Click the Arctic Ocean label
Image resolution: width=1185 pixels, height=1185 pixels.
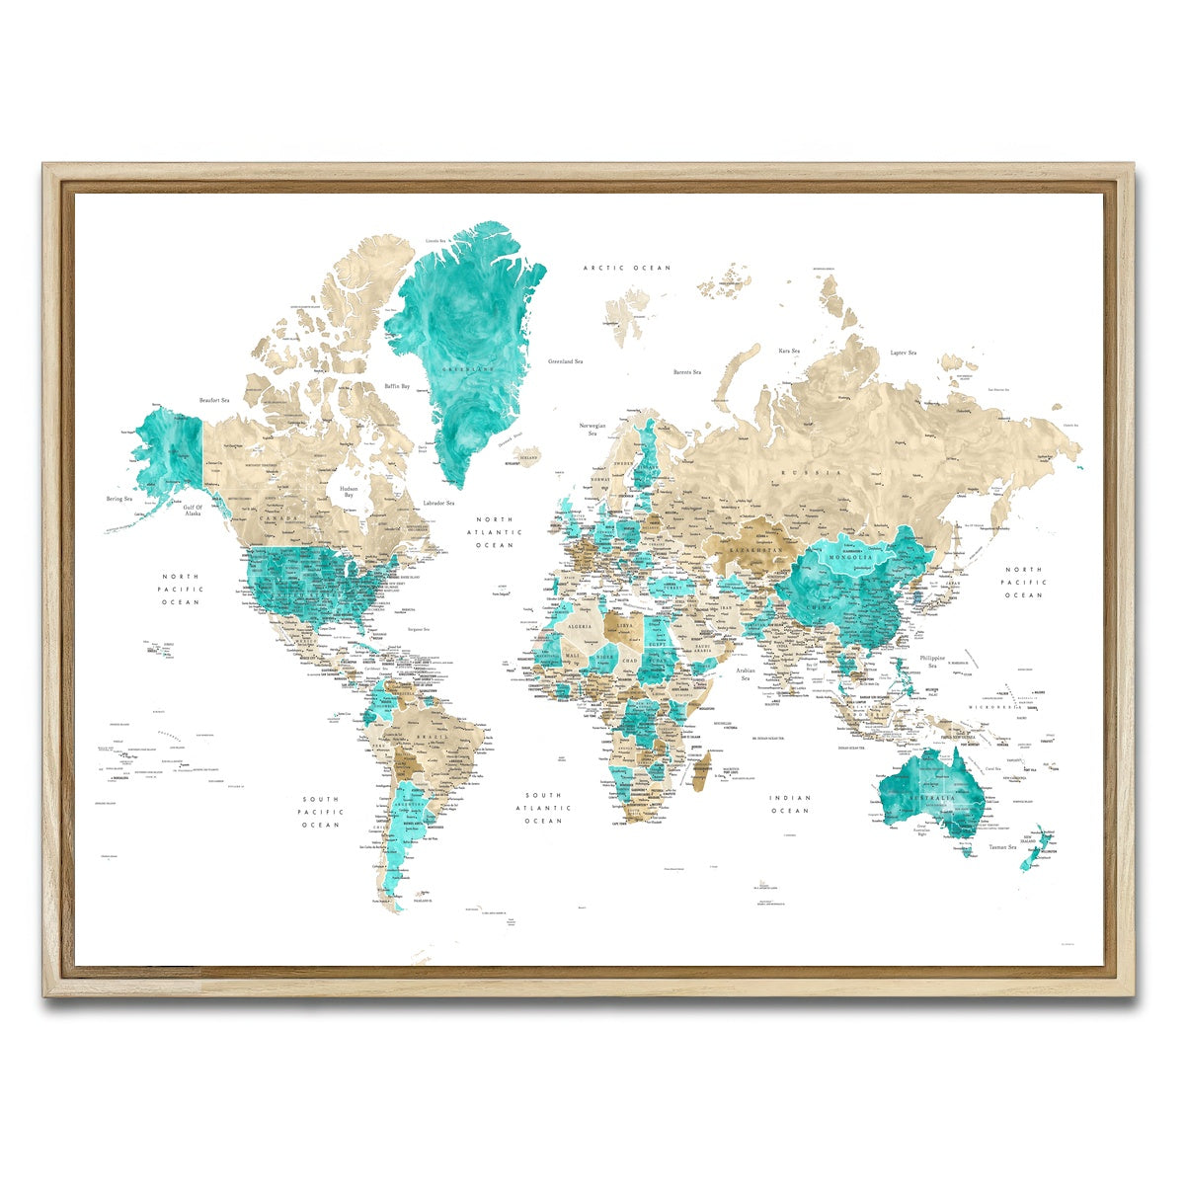click(x=626, y=268)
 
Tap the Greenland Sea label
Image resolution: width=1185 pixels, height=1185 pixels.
click(x=567, y=361)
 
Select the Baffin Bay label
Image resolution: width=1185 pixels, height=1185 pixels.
click(x=397, y=386)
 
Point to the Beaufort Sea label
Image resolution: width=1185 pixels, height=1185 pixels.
click(x=214, y=400)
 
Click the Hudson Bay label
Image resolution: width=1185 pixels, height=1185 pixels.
click(x=349, y=493)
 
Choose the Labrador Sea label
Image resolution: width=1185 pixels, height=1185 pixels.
click(x=437, y=504)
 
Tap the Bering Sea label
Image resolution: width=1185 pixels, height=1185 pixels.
click(x=119, y=499)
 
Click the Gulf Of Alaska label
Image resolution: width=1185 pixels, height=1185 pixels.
click(x=193, y=511)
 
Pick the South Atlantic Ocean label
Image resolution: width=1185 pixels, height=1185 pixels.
click(x=543, y=808)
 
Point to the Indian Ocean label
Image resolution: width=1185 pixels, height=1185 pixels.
click(x=790, y=804)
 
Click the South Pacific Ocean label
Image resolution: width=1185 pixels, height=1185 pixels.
click(x=321, y=812)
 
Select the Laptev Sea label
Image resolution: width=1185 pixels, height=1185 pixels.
click(x=903, y=353)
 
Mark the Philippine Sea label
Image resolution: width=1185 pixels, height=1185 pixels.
click(x=932, y=662)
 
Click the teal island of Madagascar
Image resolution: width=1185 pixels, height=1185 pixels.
click(x=699, y=770)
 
